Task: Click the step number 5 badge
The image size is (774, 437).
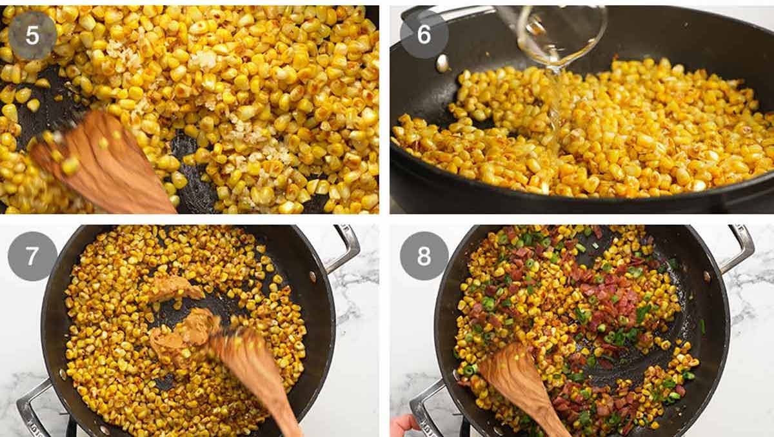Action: (x=32, y=35)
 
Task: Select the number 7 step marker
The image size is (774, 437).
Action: (x=32, y=256)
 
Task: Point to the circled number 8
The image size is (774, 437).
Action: (x=424, y=256)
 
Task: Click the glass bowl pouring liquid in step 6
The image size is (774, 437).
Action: (x=561, y=32)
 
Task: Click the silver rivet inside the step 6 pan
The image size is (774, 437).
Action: (x=442, y=63)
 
